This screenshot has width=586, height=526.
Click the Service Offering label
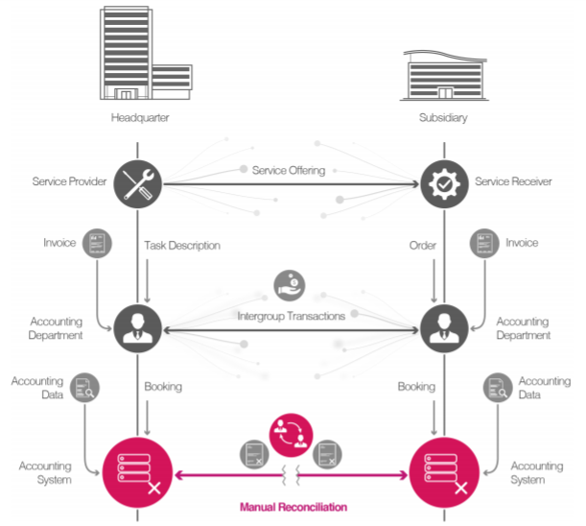click(289, 170)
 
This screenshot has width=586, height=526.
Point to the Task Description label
click(182, 246)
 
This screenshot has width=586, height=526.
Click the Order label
click(422, 246)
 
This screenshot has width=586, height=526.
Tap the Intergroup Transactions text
click(292, 315)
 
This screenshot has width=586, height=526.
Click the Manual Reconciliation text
click(293, 506)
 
